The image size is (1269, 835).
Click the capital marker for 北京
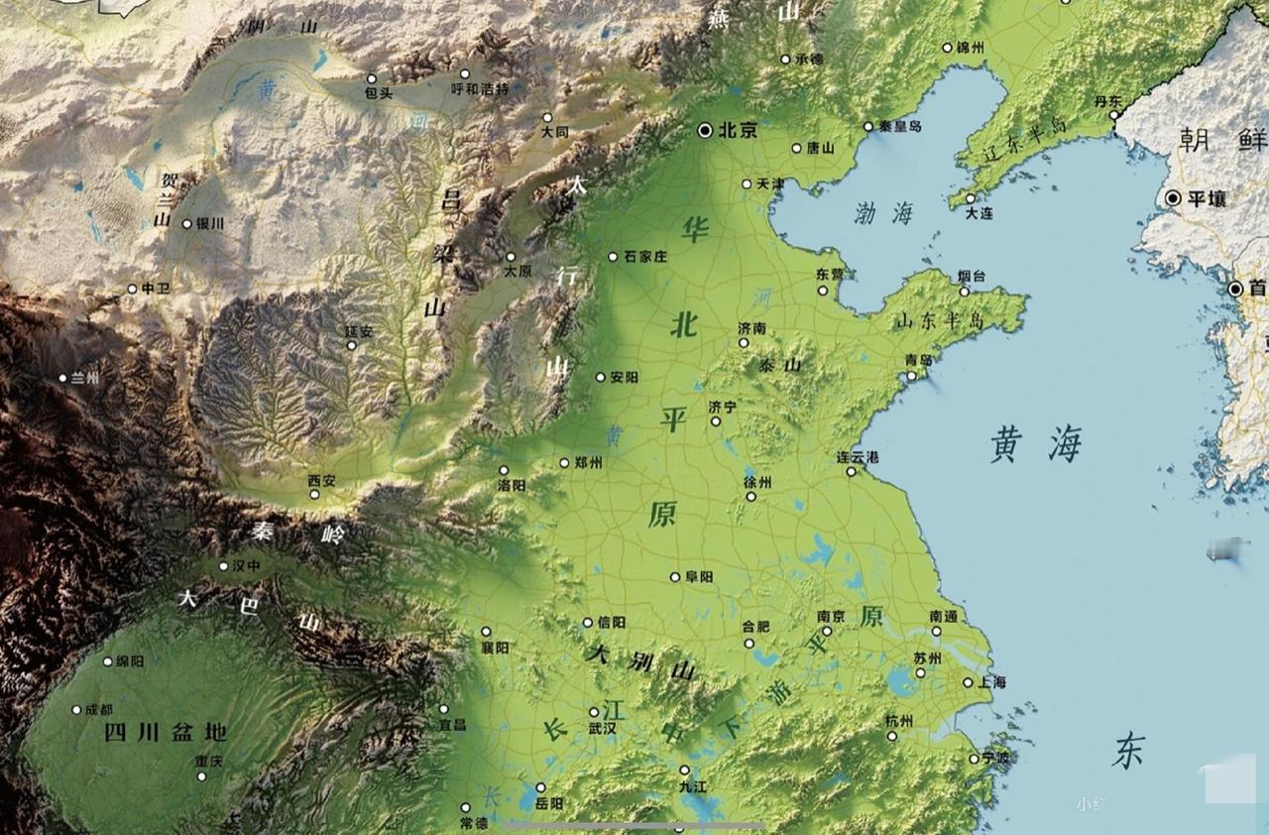[705, 129]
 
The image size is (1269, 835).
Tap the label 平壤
[1208, 198]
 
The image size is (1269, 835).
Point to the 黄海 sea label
[1035, 445]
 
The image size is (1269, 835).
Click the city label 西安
[322, 480]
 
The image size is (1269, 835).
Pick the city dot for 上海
[969, 682]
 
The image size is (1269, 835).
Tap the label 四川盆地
[166, 733]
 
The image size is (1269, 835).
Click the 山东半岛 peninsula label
[938, 320]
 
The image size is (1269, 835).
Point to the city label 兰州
[85, 378]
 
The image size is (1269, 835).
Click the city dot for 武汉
[594, 712]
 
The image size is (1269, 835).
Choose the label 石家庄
[645, 257]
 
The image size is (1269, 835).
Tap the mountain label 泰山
[779, 365]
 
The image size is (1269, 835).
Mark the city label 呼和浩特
[480, 88]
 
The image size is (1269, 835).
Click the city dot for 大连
[971, 198]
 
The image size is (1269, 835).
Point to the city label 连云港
[858, 457]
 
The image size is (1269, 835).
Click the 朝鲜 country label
[1221, 139]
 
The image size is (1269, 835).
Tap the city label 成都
[98, 710]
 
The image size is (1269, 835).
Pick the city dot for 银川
[186, 224]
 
